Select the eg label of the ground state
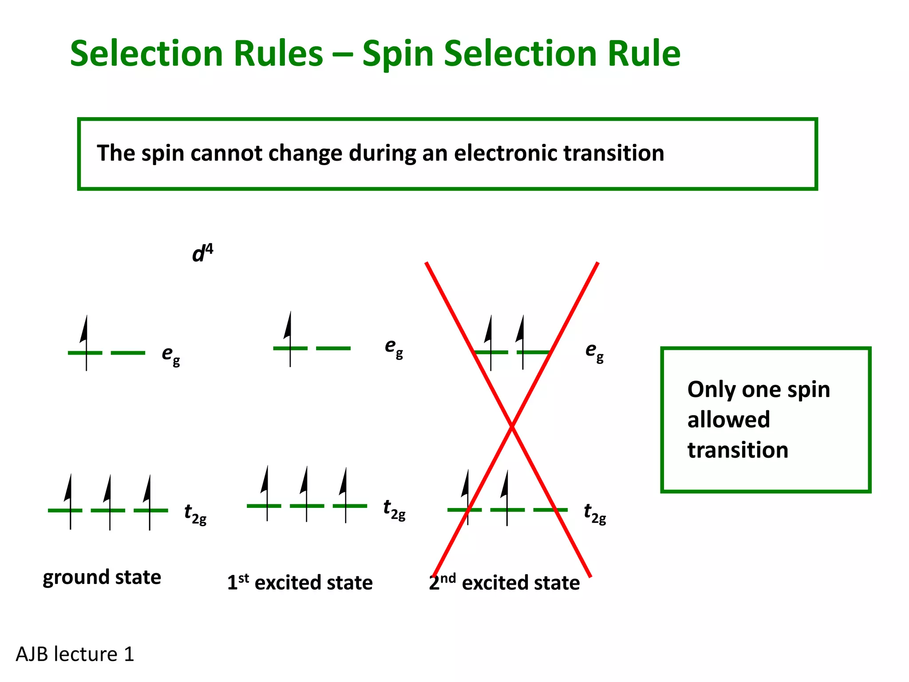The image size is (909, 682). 170,355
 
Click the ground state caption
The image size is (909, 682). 102,577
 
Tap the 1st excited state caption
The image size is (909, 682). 300,582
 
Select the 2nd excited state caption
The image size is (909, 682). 504,582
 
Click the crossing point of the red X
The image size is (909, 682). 512,426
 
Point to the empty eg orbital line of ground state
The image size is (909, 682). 128,353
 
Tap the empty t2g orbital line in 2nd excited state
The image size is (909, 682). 550,510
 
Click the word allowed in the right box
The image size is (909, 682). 728,419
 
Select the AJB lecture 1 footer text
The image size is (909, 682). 75,654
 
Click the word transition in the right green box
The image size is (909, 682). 738,450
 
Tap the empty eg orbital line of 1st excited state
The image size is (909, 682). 333,349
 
